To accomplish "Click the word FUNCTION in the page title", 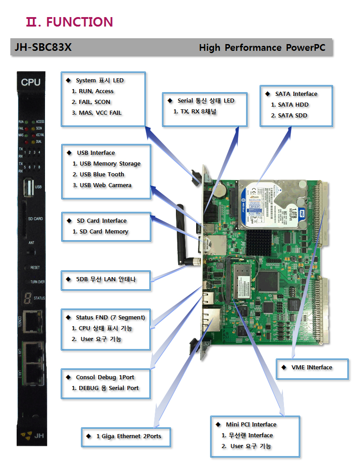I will pos(80,22).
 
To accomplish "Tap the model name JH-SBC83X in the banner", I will pos(43,47).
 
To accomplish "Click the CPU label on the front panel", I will pos(31,82).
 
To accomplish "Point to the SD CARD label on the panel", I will pos(36,219).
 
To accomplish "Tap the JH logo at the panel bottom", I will pos(32,435).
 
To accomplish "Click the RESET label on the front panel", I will pos(35,267).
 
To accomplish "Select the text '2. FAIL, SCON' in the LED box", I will pos(91,102).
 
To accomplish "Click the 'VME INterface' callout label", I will pos(312,368).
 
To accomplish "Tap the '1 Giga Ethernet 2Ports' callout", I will pos(128,436).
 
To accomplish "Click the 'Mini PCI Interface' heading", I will pos(251,425).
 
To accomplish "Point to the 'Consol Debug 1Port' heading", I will pos(105,377).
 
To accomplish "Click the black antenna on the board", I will pos(180,234).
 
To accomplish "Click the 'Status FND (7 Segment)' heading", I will pos(110,318).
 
